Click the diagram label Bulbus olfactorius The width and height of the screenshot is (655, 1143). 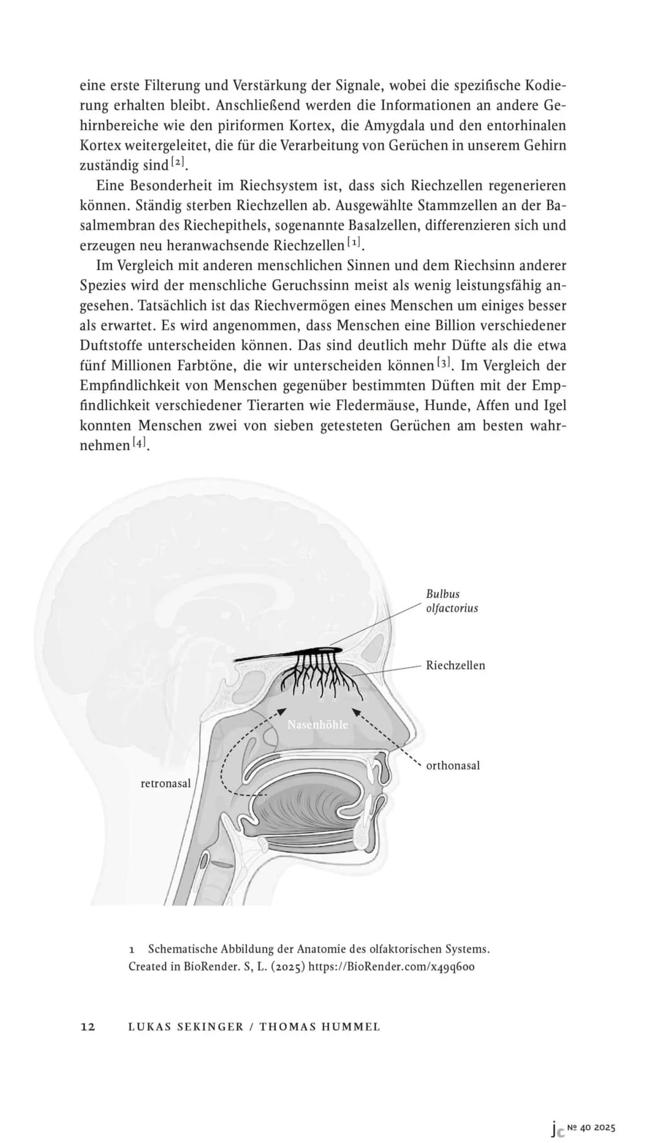(451, 601)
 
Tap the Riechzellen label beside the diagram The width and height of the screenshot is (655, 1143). (455, 665)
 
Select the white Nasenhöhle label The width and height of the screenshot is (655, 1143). (318, 725)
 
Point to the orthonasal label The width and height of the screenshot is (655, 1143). (453, 765)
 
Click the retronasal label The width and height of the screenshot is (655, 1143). (166, 784)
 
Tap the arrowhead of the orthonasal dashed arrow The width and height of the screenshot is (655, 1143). (355, 711)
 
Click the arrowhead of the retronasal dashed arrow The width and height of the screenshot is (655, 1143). (282, 711)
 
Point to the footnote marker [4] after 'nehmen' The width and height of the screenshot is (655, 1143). (139, 443)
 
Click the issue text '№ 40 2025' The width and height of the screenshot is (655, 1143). (591, 1123)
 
